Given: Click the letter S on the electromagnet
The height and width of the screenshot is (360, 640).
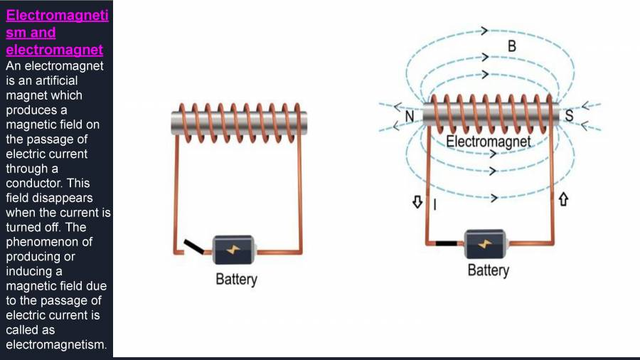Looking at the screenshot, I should [x=569, y=116].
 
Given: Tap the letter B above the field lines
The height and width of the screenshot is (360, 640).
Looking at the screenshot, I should [x=511, y=46].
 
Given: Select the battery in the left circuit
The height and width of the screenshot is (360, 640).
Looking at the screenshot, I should [x=235, y=250].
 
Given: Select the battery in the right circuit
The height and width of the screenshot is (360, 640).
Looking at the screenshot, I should [x=485, y=243].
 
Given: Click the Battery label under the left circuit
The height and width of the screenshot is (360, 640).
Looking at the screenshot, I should [x=236, y=279].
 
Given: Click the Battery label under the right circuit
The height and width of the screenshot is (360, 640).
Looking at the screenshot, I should [x=488, y=270].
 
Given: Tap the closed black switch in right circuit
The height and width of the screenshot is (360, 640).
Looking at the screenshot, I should [x=446, y=243].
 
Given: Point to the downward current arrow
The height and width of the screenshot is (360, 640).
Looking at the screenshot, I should [x=417, y=203].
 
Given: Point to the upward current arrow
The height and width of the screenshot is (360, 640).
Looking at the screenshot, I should [x=564, y=200].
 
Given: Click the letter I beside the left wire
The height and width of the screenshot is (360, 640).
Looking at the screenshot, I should [x=434, y=206].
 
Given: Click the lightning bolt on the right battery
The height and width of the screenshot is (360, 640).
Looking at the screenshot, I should [x=486, y=243].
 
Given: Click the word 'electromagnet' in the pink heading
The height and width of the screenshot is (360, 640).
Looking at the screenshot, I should [x=54, y=50].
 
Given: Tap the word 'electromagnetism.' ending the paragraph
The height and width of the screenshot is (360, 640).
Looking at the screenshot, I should [x=56, y=344].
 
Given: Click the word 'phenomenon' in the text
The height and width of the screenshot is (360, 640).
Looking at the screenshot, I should [x=40, y=242].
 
